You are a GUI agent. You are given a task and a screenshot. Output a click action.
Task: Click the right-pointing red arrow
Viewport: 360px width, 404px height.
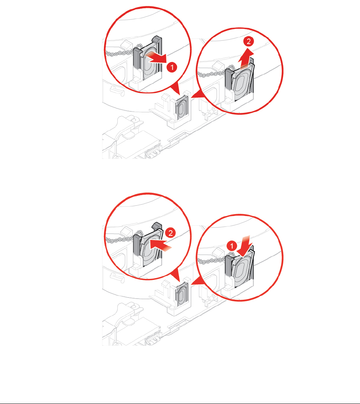tap(157, 58)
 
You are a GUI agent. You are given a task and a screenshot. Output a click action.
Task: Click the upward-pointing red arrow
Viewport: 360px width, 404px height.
tap(245, 59)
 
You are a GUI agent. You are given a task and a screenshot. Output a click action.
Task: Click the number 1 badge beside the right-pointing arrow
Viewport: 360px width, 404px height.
tap(172, 67)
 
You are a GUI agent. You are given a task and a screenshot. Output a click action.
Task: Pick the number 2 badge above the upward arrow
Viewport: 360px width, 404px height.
tap(249, 41)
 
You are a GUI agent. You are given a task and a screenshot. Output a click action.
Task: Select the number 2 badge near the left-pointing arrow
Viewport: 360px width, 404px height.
tap(170, 233)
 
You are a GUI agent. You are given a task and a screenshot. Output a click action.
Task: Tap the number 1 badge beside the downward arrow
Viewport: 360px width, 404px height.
tap(232, 246)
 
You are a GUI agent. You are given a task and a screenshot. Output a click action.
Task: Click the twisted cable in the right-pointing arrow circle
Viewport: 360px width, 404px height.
tap(120, 53)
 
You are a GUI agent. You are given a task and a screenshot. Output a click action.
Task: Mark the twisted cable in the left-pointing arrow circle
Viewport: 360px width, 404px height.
tap(120, 240)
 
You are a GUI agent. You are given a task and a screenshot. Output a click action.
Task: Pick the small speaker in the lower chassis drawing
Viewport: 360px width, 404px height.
tap(182, 294)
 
